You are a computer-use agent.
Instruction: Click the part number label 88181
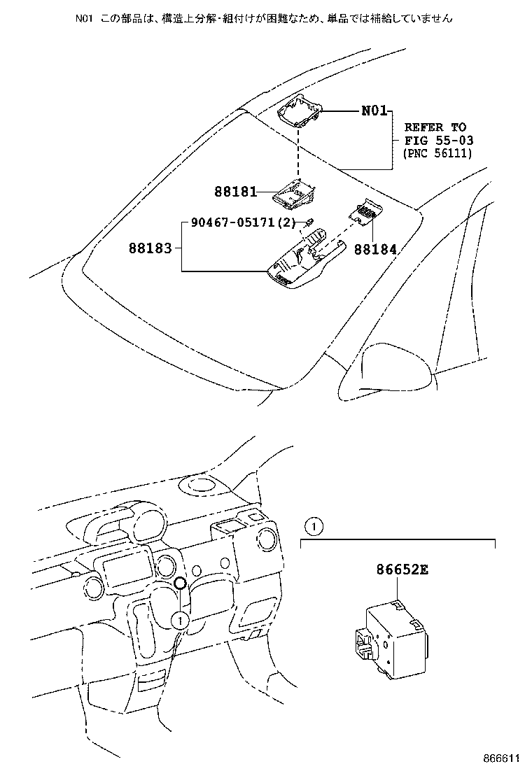(236, 190)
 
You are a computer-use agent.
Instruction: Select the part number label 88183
(149, 248)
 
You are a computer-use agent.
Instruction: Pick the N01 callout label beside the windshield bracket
(374, 111)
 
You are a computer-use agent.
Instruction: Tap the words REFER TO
(435, 127)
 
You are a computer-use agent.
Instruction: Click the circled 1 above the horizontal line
(315, 525)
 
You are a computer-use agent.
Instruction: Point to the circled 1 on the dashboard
(180, 618)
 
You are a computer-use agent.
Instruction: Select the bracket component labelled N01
(300, 108)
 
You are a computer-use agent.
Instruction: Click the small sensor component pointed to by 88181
(294, 193)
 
